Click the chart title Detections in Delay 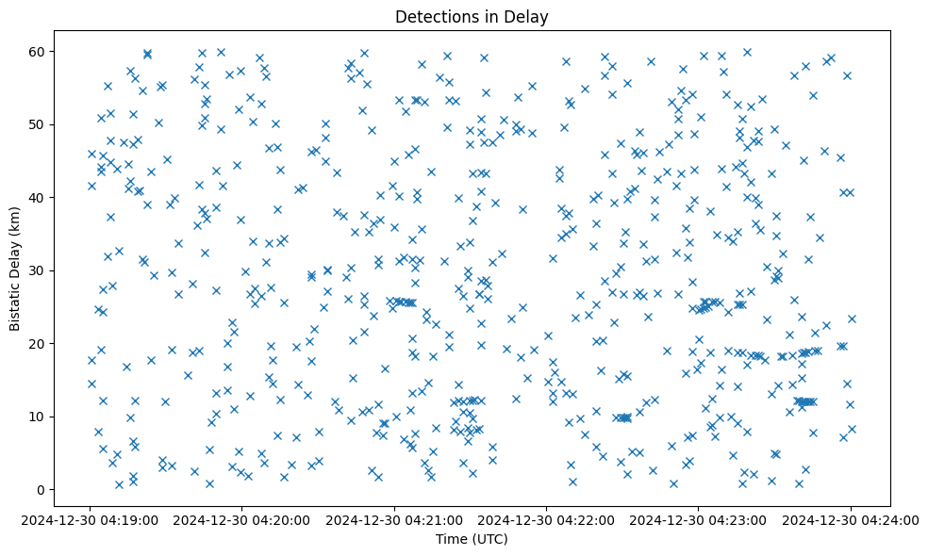(x=472, y=16)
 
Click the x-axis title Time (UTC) (x=472, y=539)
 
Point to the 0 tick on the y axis (x=41, y=490)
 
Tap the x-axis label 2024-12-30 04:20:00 (x=243, y=519)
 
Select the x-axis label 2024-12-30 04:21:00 (x=395, y=519)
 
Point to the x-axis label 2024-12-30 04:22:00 (x=547, y=519)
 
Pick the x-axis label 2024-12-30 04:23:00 (x=699, y=519)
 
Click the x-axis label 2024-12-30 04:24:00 (x=851, y=519)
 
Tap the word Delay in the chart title (x=529, y=16)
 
